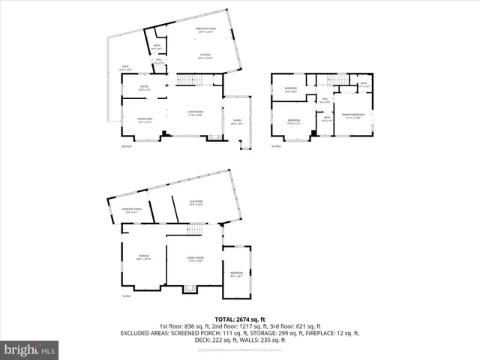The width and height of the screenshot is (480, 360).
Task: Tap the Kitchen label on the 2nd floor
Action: click(205, 56)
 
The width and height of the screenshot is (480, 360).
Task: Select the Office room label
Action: click(144, 88)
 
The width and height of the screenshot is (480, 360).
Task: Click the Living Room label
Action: click(196, 113)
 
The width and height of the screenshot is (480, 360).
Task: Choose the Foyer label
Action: click(237, 123)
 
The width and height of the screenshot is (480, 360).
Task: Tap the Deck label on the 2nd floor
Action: click(125, 68)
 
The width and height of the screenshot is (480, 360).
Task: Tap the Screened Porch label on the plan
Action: click(132, 210)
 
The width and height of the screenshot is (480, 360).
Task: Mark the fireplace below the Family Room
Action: click(189, 287)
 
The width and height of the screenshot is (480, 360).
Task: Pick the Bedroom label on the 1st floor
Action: click(237, 274)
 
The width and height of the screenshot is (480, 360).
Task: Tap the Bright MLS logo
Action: click(30, 349)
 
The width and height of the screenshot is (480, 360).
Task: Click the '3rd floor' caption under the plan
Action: click(276, 146)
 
